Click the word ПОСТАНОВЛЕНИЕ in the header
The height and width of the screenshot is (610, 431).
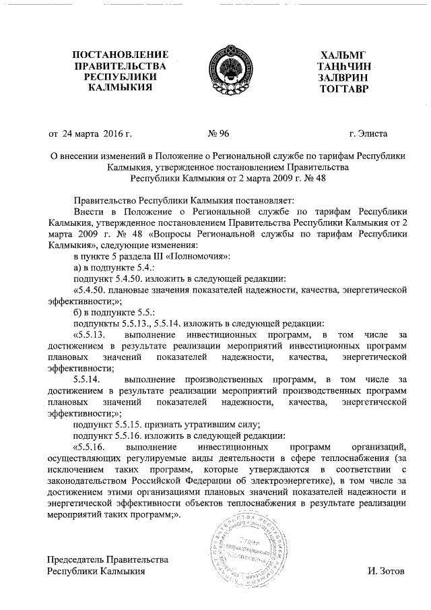[x=121, y=54]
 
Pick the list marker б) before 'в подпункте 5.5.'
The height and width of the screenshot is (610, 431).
[x=77, y=312]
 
